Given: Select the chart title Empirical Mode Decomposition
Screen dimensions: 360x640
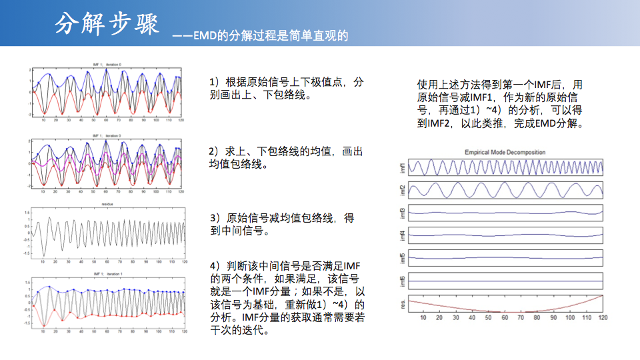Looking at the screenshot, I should pyautogui.click(x=505, y=153).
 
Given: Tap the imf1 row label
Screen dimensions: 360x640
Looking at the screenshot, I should pyautogui.click(x=402, y=167).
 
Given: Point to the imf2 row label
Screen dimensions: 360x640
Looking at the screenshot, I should pyautogui.click(x=402, y=191).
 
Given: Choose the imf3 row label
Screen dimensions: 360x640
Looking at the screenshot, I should pyautogui.click(x=402, y=213).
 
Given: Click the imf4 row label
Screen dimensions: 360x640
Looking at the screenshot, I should pyautogui.click(x=402, y=235).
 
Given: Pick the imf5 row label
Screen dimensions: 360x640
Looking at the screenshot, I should pyautogui.click(x=402, y=258).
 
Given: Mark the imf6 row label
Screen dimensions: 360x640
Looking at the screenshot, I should pyautogui.click(x=402, y=281).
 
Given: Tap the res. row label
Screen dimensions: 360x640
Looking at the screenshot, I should pyautogui.click(x=402, y=303).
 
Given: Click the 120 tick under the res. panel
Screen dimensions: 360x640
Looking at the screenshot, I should pyautogui.click(x=602, y=319).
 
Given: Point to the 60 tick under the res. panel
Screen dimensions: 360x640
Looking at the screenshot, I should pyautogui.click(x=505, y=319).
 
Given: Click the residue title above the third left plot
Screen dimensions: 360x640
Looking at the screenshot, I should pyautogui.click(x=107, y=204).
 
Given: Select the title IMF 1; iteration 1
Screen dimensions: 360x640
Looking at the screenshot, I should pyautogui.click(x=107, y=274).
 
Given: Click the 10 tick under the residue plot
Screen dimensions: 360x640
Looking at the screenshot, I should pyautogui.click(x=43, y=262).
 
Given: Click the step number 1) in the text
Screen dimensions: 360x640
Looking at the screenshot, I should pyautogui.click(x=215, y=82).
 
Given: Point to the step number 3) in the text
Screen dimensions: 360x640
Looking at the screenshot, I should pyautogui.click(x=215, y=218).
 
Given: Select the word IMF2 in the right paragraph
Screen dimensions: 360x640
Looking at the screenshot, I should pyautogui.click(x=430, y=124).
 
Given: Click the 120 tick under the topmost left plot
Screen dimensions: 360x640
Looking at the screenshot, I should pyautogui.click(x=181, y=120).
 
